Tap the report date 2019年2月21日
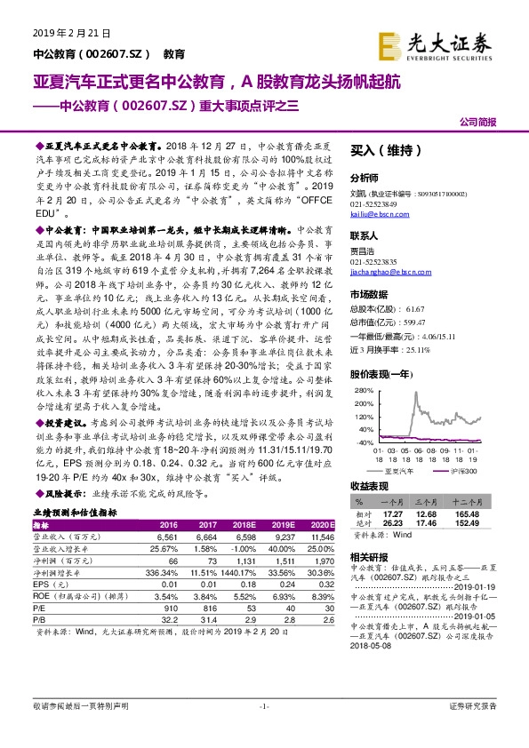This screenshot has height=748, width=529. coord(70,33)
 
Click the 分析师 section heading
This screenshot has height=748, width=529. coord(365,178)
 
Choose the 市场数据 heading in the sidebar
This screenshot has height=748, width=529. coord(369,293)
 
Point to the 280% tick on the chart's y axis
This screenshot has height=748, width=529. coord(361,389)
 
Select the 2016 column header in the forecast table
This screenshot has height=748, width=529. coord(168,525)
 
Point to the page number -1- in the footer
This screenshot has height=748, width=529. coord(263,730)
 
